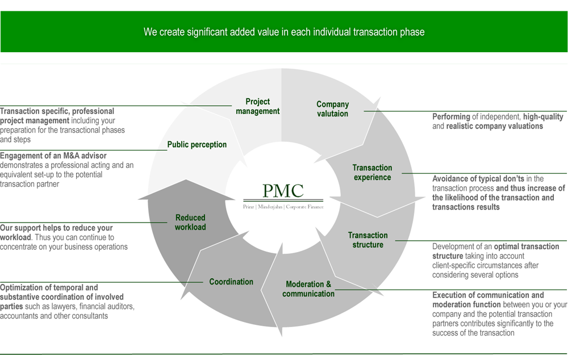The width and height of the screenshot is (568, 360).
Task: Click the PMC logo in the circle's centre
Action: (283, 191)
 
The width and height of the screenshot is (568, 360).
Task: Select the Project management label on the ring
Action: (258, 106)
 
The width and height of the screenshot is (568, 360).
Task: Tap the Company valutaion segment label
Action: (332, 109)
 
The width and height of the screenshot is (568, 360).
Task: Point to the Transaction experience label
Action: (372, 173)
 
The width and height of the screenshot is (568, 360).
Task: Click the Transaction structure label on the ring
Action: (368, 240)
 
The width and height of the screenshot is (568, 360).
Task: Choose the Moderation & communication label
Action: (308, 289)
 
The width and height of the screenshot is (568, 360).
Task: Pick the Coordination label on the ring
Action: (231, 282)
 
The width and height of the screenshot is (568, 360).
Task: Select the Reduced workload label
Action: (190, 223)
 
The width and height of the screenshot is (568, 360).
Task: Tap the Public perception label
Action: (197, 145)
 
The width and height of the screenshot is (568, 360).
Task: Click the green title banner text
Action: (284, 32)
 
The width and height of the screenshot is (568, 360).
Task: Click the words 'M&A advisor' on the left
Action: (81, 156)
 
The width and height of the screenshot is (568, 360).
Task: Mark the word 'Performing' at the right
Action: (452, 117)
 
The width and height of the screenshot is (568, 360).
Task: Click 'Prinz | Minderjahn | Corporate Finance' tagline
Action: (283, 207)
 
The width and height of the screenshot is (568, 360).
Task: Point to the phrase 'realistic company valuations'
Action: (494, 126)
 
